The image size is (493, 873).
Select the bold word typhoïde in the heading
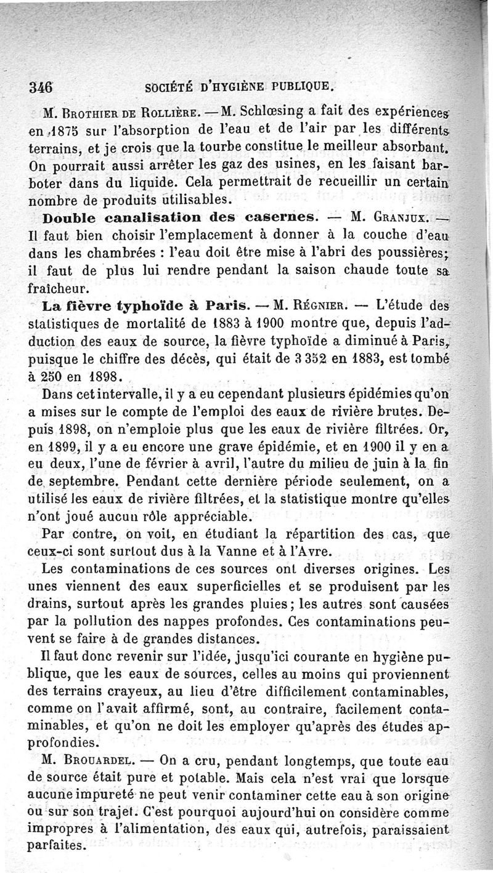click(x=133, y=305)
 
